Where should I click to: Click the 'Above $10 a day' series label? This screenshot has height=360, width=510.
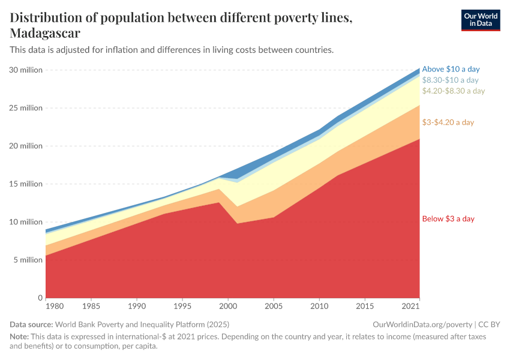pyautogui.click(x=451, y=69)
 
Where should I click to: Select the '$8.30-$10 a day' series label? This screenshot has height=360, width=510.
pyautogui.click(x=450, y=80)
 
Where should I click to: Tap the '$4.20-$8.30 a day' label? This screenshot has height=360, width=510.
pyautogui.click(x=453, y=91)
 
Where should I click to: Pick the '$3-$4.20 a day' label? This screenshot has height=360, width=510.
pyautogui.click(x=448, y=122)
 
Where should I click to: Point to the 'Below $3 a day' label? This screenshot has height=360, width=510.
pyautogui.click(x=448, y=218)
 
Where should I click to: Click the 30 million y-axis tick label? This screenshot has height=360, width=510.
pyautogui.click(x=26, y=70)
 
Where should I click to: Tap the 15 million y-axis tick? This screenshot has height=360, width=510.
pyautogui.click(x=26, y=184)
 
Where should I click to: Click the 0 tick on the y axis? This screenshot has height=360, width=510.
pyautogui.click(x=40, y=298)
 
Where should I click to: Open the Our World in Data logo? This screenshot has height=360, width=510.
pyautogui.click(x=480, y=20)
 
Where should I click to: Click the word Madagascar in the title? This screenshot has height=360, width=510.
pyautogui.click(x=45, y=33)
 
